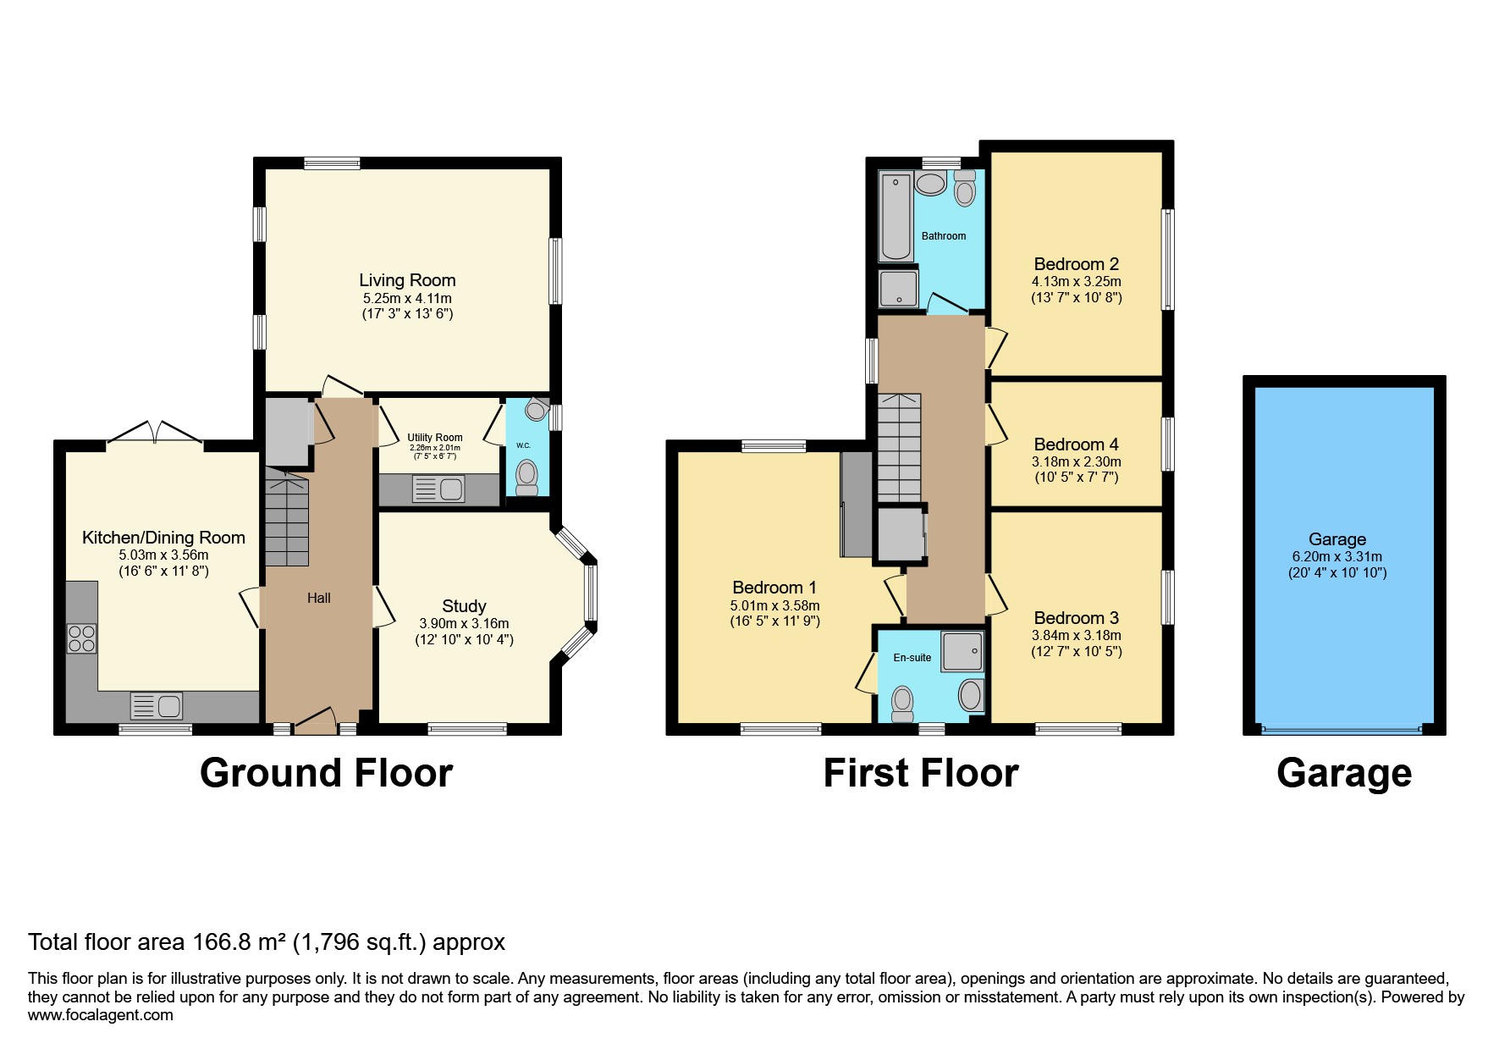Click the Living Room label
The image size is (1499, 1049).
point(407,280)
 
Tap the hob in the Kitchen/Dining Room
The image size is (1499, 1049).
point(81,638)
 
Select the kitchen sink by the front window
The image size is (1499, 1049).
point(157,704)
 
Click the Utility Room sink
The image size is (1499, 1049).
point(438,489)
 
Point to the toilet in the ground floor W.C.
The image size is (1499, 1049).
point(527,478)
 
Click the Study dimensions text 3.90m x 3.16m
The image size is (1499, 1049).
point(464,623)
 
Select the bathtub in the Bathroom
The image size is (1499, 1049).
point(895,215)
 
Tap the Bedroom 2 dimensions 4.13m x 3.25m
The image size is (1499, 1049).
point(1076,282)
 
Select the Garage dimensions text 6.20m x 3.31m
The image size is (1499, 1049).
point(1336,556)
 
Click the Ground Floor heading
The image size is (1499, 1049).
point(326,773)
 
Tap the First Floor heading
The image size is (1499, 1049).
point(920,773)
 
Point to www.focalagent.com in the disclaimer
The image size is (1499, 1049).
point(101,1014)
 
